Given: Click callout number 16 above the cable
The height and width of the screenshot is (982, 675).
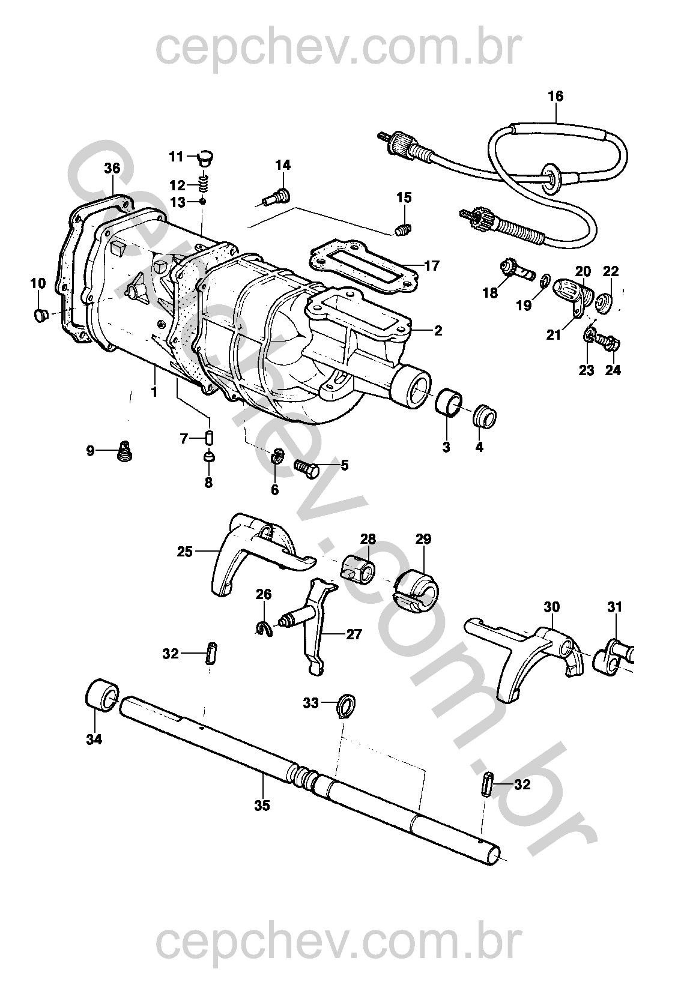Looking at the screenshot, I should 555,96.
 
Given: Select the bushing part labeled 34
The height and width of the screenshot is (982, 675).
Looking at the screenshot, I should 101,696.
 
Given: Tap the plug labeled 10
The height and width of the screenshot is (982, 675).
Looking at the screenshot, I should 41,315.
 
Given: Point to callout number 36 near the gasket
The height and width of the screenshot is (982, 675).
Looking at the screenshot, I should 112,169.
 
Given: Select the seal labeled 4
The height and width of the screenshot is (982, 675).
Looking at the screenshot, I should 485,416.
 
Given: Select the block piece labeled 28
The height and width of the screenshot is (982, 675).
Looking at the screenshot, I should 358,568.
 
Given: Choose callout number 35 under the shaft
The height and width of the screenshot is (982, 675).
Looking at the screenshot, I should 262,806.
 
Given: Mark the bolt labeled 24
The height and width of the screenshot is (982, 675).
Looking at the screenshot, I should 610,345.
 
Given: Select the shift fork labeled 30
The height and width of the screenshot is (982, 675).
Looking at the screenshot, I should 528,657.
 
